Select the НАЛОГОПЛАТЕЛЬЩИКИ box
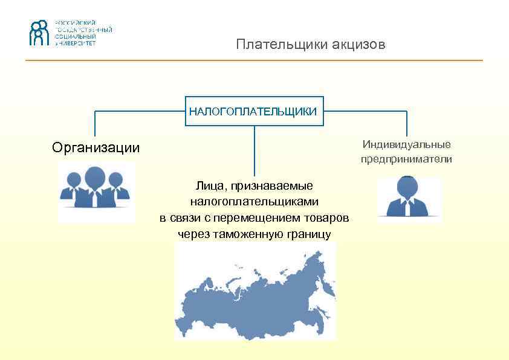point(253,111)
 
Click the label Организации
point(96,147)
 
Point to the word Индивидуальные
point(406,144)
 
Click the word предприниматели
point(406,159)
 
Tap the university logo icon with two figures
point(39,33)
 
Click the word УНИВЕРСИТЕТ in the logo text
point(76,43)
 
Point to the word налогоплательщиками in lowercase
point(254,202)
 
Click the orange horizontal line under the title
point(254,60)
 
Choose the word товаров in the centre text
point(328,217)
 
